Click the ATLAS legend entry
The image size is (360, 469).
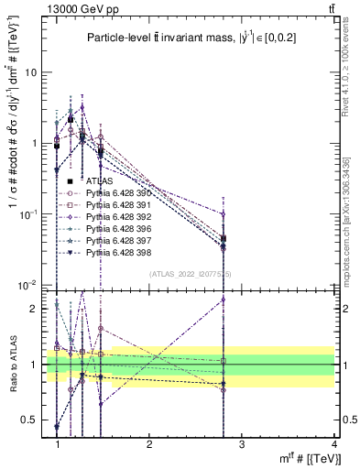(99, 181)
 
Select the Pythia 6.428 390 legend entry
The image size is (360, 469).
(115, 193)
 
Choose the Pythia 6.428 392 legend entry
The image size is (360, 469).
(115, 216)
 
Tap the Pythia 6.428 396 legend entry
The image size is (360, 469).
(115, 227)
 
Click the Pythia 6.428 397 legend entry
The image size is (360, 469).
(115, 239)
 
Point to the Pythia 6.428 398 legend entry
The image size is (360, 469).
(115, 250)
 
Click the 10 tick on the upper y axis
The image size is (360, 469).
(33, 72)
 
